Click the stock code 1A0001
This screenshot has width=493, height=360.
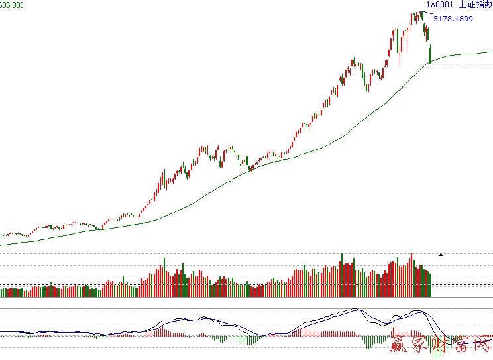[439, 5]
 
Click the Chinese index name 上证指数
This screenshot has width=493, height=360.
[476, 5]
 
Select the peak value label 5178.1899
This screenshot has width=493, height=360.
[453, 19]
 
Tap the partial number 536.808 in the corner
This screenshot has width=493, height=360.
[11, 5]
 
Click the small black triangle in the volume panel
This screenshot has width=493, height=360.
[441, 254]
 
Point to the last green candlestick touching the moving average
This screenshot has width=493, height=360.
[430, 54]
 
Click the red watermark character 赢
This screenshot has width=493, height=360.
[378, 345]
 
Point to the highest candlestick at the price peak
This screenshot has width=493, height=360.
[421, 14]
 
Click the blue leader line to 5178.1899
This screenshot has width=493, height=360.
[428, 13]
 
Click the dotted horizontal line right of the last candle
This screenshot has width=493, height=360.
[464, 64]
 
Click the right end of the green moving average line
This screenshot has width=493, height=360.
[491, 52]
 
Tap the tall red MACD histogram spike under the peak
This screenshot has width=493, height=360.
[394, 330]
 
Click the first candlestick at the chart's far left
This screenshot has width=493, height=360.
[2, 235]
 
